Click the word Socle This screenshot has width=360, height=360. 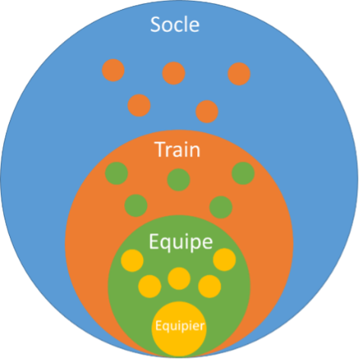175,24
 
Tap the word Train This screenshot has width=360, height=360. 177,149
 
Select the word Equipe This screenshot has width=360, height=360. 180,243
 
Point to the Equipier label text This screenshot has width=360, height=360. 180,326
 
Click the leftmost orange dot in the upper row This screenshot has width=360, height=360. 113,70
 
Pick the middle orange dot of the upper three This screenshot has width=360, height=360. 174,73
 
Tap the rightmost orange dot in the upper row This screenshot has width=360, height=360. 239,74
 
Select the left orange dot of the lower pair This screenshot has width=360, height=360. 139,105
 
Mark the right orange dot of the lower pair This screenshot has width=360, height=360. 207,111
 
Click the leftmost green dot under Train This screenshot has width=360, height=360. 116,174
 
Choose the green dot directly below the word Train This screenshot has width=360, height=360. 179,180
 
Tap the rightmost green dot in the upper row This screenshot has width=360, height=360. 243,174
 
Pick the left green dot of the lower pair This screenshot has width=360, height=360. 136,205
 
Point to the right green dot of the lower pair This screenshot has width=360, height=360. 221,207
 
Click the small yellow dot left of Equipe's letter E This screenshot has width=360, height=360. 132,260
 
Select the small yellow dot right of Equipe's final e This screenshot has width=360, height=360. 225,260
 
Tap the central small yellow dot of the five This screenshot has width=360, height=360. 179,279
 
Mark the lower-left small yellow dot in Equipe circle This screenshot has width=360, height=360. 150,286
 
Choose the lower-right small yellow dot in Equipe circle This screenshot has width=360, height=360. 209,286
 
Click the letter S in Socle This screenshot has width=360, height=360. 155,24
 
